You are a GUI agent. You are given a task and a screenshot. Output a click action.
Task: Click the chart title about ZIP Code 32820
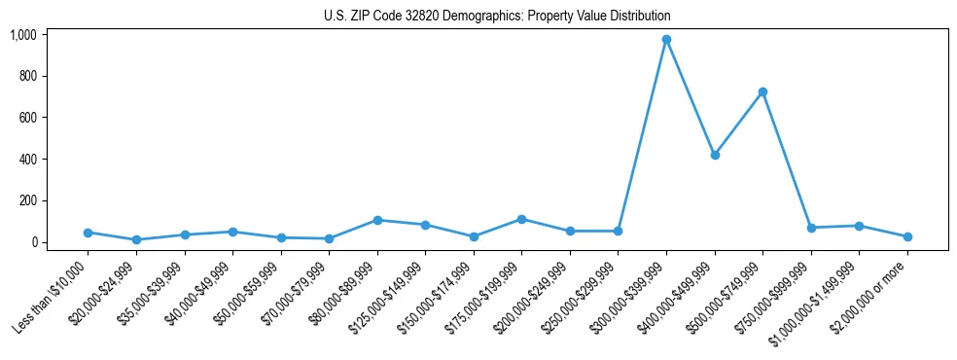[497, 17]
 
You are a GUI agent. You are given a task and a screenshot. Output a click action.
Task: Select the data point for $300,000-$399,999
[666, 39]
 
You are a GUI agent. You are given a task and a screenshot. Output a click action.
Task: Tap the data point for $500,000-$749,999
[762, 91]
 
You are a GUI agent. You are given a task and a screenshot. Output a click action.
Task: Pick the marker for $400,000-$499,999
[715, 155]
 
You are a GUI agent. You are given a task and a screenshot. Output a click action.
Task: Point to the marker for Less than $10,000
[88, 233]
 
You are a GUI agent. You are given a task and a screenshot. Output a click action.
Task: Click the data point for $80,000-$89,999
[377, 220]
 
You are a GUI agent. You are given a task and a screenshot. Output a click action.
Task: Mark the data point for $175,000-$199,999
[522, 219]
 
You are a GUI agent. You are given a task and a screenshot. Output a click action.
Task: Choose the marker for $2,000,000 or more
[907, 236]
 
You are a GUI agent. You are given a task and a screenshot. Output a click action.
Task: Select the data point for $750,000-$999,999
[811, 228]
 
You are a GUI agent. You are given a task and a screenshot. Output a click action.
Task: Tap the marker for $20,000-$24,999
[136, 239]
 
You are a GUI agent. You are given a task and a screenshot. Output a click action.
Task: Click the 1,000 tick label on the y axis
[23, 35]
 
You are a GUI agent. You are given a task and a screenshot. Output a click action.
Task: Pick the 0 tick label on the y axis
[34, 242]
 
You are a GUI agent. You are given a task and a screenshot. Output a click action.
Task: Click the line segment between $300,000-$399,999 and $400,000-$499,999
[691, 97]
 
